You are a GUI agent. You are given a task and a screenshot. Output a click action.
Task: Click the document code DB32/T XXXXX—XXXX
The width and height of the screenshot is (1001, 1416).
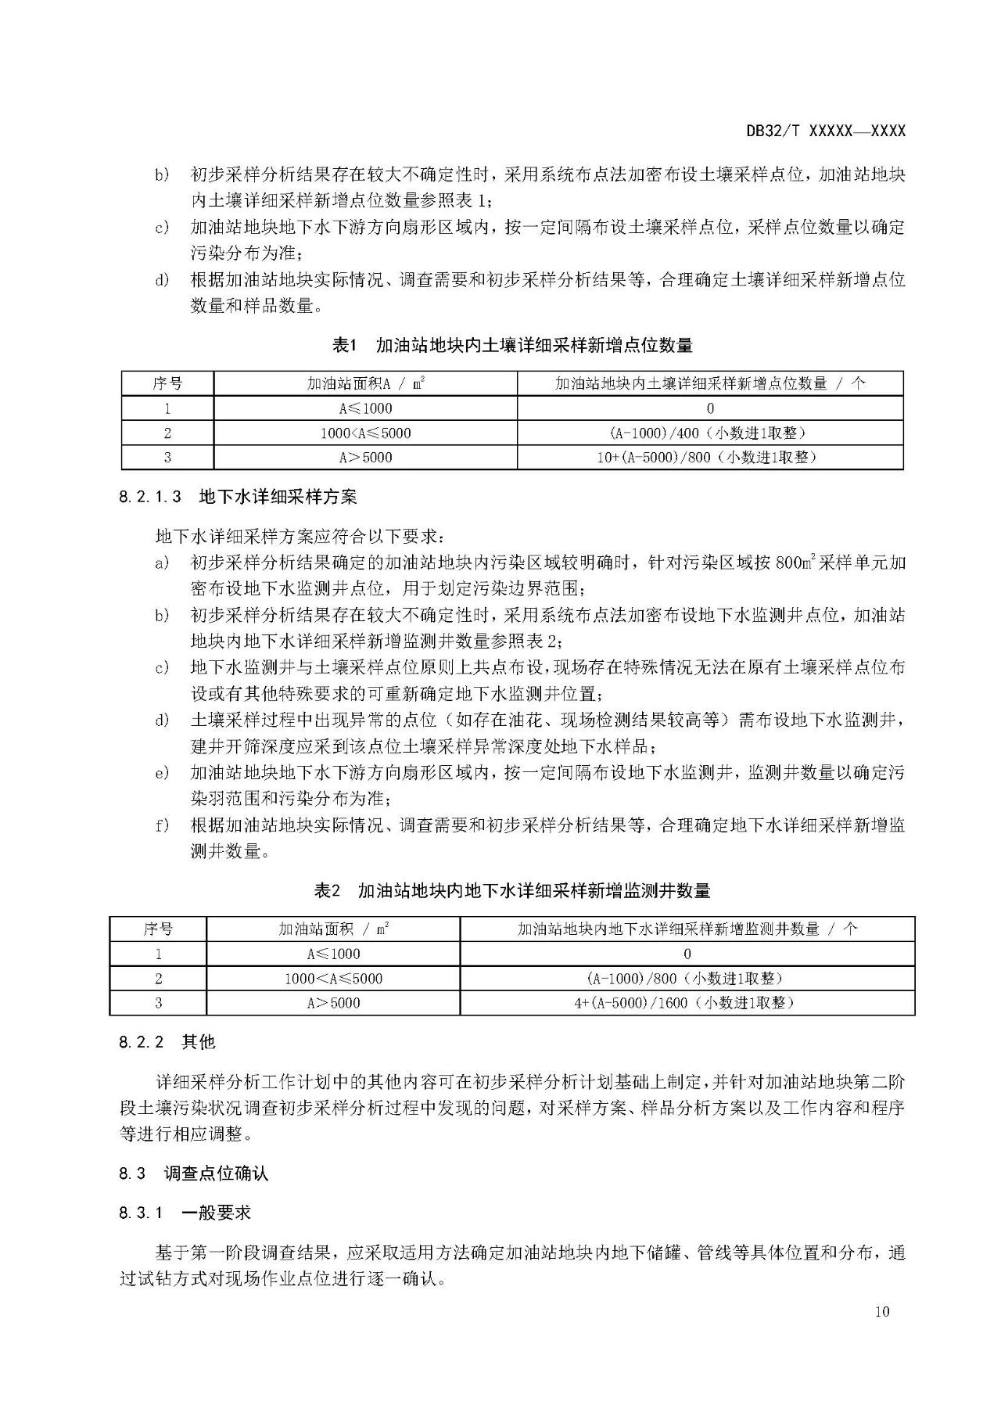click(x=825, y=131)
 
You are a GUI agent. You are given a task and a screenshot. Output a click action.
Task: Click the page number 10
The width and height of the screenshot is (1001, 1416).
click(x=882, y=1312)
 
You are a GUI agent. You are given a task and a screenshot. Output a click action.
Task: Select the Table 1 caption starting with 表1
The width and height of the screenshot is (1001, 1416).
click(x=512, y=345)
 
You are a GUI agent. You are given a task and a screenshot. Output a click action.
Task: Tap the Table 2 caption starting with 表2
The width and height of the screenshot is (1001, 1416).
click(x=512, y=890)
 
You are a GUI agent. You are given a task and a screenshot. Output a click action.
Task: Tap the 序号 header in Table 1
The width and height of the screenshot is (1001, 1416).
click(x=167, y=383)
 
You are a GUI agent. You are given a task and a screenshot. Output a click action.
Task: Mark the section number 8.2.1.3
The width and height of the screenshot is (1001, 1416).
click(x=151, y=496)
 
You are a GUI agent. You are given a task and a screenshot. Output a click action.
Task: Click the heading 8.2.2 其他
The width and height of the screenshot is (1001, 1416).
click(x=167, y=1042)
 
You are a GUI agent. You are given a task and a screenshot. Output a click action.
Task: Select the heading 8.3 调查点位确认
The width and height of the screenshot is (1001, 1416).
click(x=194, y=1173)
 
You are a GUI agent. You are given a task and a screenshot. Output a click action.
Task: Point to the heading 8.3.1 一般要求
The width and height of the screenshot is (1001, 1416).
click(x=185, y=1213)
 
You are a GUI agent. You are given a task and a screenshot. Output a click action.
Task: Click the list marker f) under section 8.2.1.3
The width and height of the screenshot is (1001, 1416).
click(x=162, y=825)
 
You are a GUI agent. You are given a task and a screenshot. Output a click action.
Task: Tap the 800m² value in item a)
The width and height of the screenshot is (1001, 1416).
click(x=796, y=562)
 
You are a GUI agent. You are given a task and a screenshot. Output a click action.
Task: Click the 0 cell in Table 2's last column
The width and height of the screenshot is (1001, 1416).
click(x=687, y=954)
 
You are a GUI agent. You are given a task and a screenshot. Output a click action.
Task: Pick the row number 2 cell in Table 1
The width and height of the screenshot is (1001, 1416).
click(x=167, y=433)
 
